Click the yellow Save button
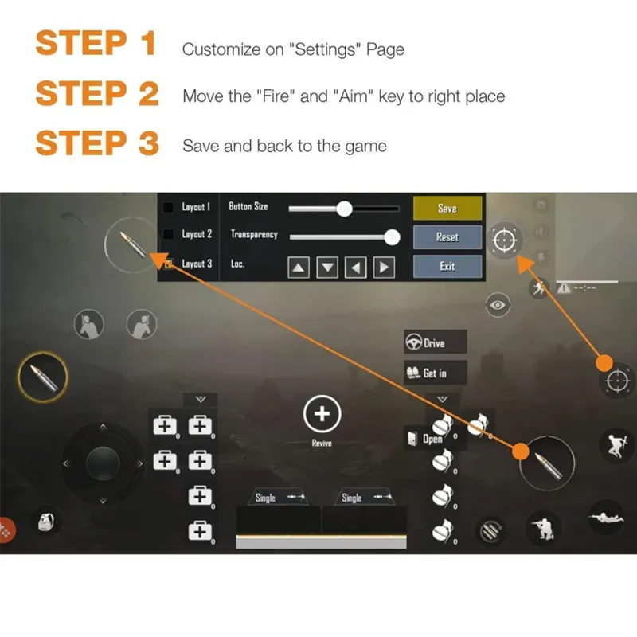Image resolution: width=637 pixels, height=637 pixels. pyautogui.click(x=447, y=208)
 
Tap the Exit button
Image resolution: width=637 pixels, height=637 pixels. pyautogui.click(x=447, y=266)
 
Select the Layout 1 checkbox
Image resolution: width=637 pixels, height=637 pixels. pyautogui.click(x=168, y=207)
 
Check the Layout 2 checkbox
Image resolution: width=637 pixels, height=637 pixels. pyautogui.click(x=168, y=234)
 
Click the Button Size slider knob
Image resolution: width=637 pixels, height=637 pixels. pyautogui.click(x=344, y=209)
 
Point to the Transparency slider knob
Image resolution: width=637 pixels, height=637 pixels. pyautogui.click(x=392, y=237)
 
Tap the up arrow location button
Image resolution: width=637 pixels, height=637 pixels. pyautogui.click(x=299, y=268)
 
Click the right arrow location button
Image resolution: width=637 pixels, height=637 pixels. pyautogui.click(x=384, y=268)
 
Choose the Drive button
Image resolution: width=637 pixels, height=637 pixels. pyautogui.click(x=435, y=342)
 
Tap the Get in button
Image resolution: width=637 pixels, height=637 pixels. pyautogui.click(x=435, y=373)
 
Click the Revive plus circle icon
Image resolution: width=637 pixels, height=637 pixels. pyautogui.click(x=322, y=414)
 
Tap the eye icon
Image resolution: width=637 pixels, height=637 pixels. pyautogui.click(x=498, y=305)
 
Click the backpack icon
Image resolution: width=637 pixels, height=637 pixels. pyautogui.click(x=46, y=522)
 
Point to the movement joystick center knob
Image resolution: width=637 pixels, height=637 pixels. pyautogui.click(x=103, y=463)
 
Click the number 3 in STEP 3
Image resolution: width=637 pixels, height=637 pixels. pyautogui.click(x=148, y=143)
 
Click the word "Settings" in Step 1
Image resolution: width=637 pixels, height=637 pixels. pyautogui.click(x=325, y=49)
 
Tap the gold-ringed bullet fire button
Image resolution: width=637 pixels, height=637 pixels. pyautogui.click(x=43, y=377)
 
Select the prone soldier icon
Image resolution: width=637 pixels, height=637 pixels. pyautogui.click(x=606, y=518)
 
